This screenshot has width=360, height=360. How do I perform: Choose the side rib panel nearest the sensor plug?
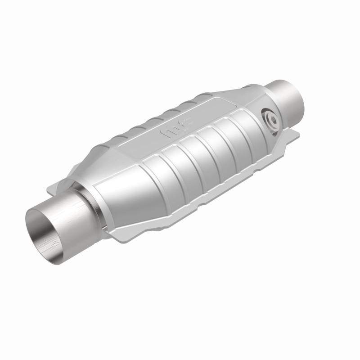tap(241, 135)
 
